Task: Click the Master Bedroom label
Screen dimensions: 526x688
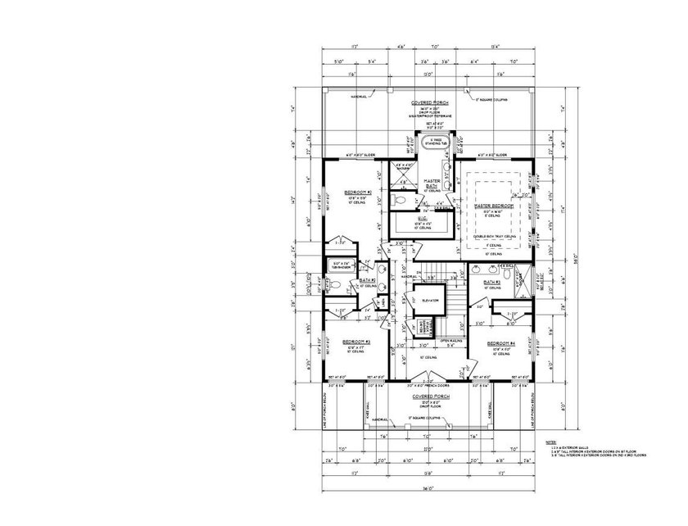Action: pyautogui.click(x=494, y=206)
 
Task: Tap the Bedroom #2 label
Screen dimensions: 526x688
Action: pyautogui.click(x=357, y=193)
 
